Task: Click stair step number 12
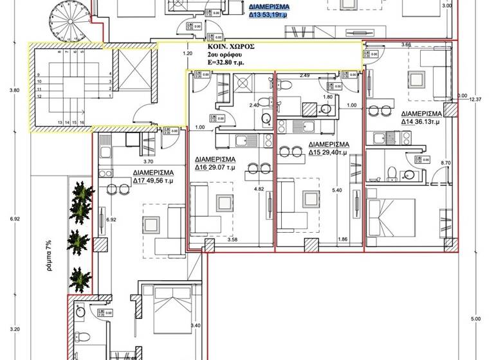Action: (x=40, y=96)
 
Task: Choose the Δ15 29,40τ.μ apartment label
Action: (x=329, y=148)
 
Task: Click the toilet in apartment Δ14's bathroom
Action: (x=391, y=172)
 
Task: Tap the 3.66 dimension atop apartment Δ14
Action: (x=406, y=45)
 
